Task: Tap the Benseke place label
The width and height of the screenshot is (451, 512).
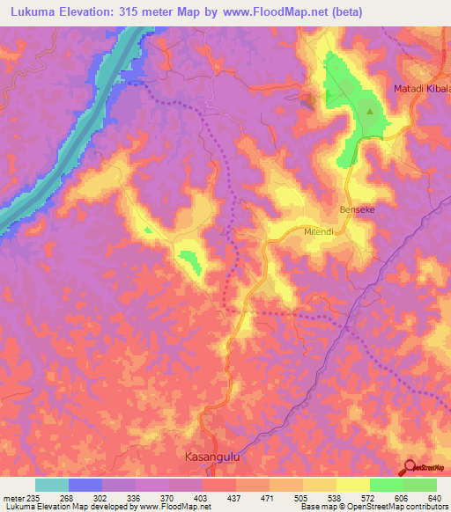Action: [358, 210]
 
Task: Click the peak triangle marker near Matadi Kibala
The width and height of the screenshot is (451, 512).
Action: [370, 112]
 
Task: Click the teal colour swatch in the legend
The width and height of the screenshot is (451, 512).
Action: [52, 485]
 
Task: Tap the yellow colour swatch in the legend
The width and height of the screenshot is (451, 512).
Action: [353, 485]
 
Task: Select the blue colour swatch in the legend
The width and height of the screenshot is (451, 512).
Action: [85, 485]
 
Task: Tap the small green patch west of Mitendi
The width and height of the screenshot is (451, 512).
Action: [189, 259]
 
